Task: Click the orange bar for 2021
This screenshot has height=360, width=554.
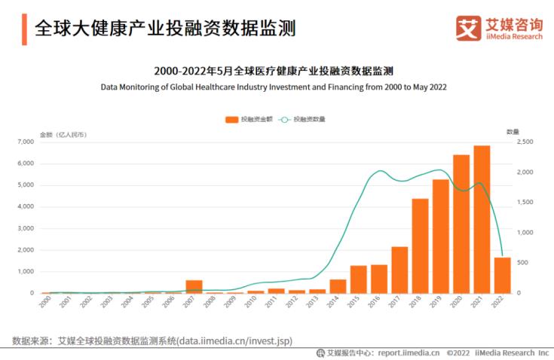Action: coord(482,219)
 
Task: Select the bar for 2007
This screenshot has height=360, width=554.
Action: coord(194,286)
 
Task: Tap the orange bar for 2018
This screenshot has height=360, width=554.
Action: coord(420,246)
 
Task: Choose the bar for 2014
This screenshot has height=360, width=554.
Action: coord(338,286)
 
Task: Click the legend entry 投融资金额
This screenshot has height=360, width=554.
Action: coord(246,120)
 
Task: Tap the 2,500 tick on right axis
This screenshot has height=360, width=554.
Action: coord(525,142)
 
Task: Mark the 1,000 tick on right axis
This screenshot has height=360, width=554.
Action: coord(525,233)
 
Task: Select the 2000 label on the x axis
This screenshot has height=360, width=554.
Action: coord(45,302)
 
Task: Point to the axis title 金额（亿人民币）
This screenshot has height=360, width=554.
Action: coord(63,134)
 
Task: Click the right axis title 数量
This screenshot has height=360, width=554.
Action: coord(513,131)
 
